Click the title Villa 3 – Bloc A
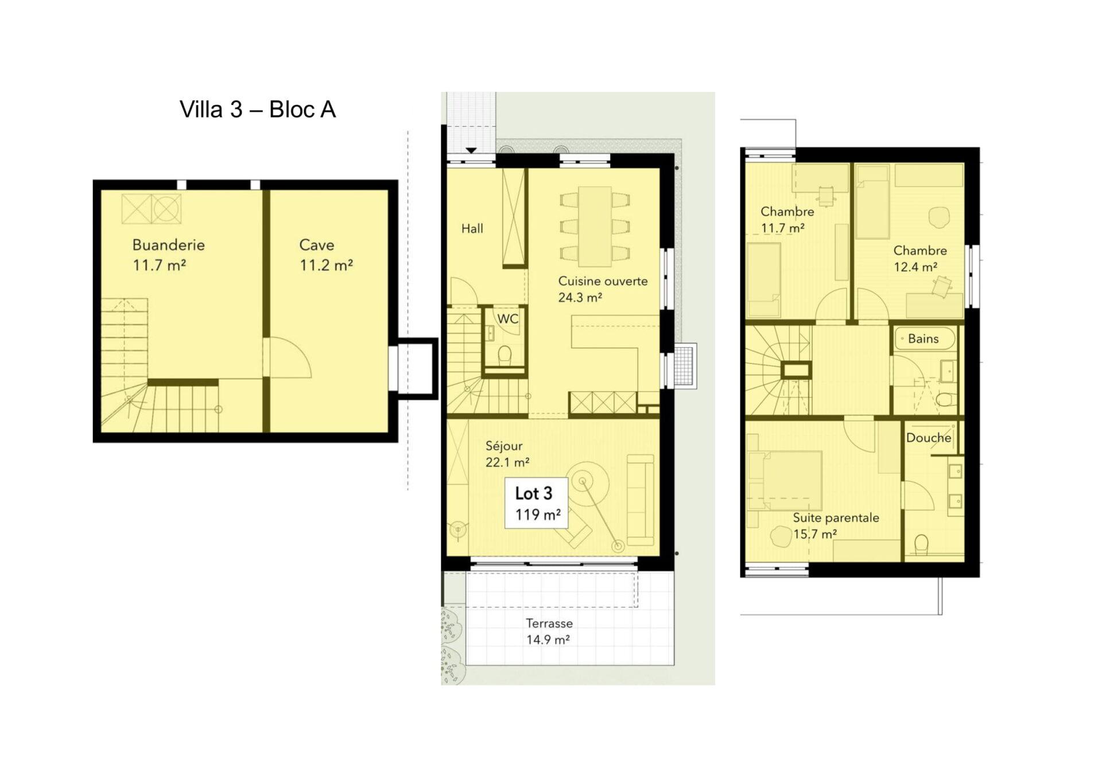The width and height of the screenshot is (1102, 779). click(x=257, y=110)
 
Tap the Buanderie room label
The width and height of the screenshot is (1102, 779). click(x=168, y=245)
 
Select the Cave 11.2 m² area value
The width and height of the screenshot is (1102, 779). click(x=326, y=265)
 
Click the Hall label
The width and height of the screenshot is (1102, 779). click(x=472, y=228)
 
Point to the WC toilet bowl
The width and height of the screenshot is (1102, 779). click(x=505, y=355)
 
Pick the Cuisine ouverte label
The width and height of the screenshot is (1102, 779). click(x=603, y=281)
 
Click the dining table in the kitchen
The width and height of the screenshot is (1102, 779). click(x=595, y=227)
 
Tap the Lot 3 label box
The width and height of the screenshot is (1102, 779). click(x=536, y=503)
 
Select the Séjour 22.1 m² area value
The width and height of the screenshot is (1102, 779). click(x=507, y=462)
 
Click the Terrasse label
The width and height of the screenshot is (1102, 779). click(x=549, y=623)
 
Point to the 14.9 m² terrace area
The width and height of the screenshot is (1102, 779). click(x=548, y=640)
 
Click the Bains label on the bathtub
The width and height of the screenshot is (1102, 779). click(x=923, y=338)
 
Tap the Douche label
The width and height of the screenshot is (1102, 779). click(x=929, y=438)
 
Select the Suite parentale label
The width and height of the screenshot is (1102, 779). click(x=836, y=517)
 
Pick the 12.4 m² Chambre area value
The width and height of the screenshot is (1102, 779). click(x=915, y=267)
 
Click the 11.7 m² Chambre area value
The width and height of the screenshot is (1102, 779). click(x=782, y=228)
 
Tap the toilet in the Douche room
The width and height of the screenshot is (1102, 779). click(x=921, y=544)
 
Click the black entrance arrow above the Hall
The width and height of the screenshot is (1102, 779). click(x=471, y=151)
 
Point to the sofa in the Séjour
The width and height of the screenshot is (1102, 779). click(x=641, y=500)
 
